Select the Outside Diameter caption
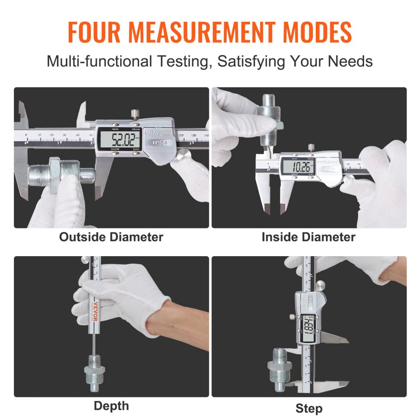click(111, 237)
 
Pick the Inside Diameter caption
click(308, 237)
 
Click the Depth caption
click(111, 406)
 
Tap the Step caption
click(309, 408)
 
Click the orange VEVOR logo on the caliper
click(95, 310)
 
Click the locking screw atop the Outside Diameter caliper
click(134, 114)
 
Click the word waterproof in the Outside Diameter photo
click(157, 131)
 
